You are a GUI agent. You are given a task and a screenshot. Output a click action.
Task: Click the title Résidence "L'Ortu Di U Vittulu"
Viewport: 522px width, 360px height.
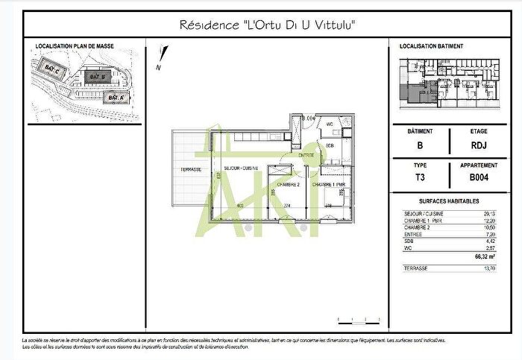268,25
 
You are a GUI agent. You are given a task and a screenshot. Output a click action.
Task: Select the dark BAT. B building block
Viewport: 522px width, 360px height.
95,77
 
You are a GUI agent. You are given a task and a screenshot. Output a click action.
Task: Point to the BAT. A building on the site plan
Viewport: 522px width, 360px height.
114,98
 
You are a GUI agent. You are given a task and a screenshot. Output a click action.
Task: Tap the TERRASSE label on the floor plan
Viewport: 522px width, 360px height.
191,170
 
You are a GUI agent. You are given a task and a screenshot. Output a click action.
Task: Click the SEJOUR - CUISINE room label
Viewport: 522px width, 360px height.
241,169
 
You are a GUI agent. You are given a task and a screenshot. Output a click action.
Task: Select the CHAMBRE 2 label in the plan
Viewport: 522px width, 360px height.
288,184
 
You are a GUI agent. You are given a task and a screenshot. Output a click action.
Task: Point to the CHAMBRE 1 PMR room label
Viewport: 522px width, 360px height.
328,184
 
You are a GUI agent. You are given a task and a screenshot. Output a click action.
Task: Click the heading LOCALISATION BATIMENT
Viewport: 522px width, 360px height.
431,46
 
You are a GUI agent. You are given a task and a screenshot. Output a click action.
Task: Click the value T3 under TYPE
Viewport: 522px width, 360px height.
420,177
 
